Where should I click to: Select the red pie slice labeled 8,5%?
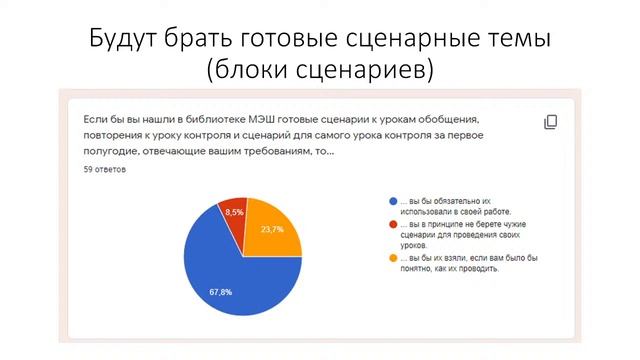[x=234, y=215]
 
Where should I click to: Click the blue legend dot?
[x=393, y=201]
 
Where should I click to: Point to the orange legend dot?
[x=393, y=258]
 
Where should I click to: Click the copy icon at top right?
[x=550, y=121]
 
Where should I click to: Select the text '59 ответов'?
[x=105, y=170]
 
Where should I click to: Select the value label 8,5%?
[x=235, y=212]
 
